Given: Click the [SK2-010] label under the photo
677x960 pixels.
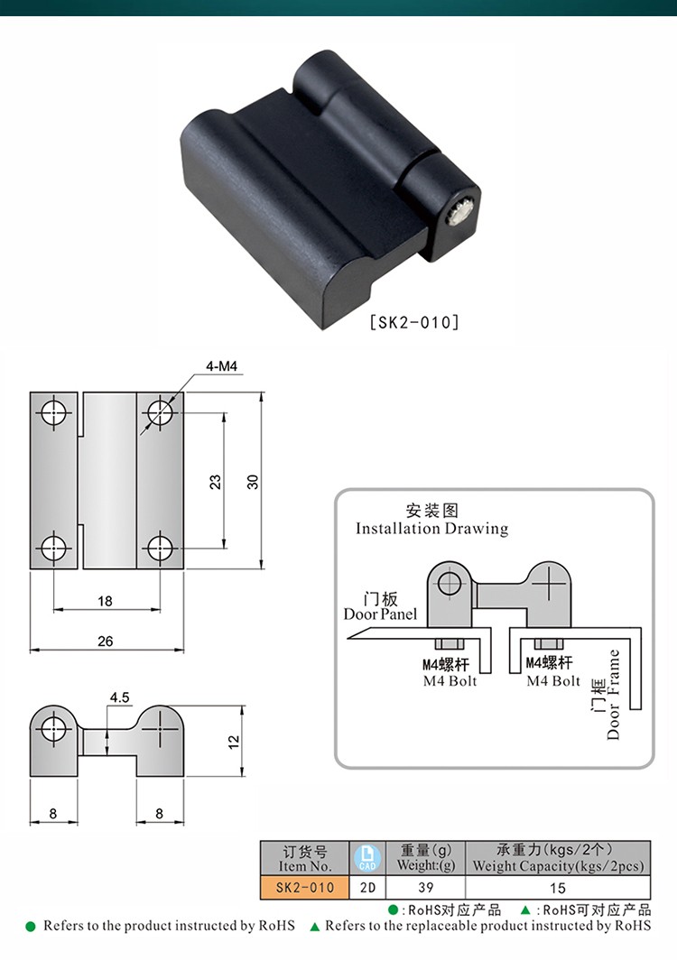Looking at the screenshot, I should click(414, 321).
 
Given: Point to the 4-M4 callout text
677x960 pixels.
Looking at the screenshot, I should click(220, 366).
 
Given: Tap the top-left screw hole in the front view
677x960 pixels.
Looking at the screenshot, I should click(54, 413).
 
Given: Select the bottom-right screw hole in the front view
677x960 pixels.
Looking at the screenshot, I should click(160, 547).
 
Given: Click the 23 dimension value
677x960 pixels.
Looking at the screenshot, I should click(215, 482).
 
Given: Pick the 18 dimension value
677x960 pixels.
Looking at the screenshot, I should click(105, 601).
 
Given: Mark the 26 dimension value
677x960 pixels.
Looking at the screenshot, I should click(105, 641).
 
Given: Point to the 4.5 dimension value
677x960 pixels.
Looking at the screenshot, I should click(119, 697).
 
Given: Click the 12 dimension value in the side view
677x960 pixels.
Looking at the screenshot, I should click(233, 741).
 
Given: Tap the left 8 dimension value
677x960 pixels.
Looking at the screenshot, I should click(53, 813).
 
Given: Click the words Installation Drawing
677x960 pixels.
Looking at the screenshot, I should click(431, 529).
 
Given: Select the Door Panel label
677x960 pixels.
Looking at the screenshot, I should click(380, 614).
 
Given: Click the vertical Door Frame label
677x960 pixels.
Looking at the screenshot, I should click(614, 695).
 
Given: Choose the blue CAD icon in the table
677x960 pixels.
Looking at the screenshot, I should click(366, 857).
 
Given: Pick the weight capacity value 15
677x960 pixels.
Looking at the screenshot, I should click(557, 887).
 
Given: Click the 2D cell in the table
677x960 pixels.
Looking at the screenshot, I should click(366, 887).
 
